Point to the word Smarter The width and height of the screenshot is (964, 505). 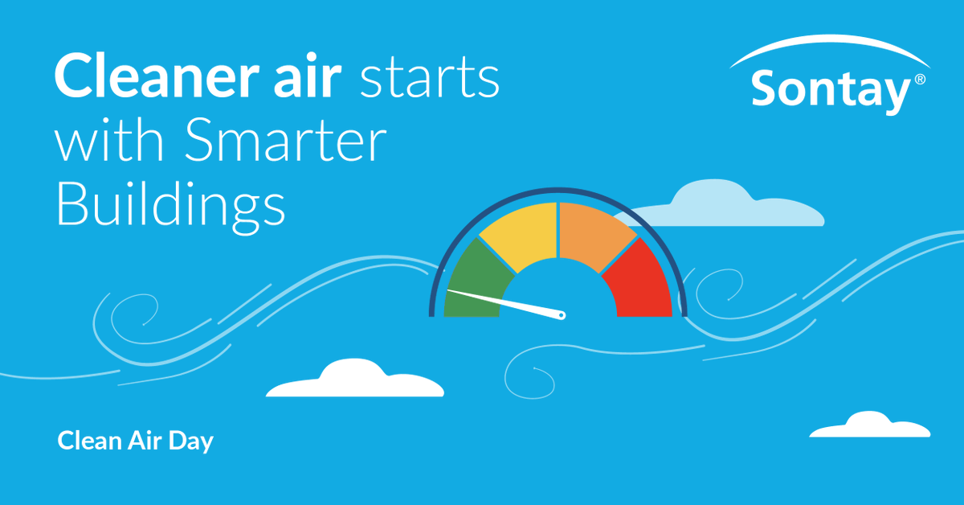284,145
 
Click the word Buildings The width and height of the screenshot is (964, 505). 170,206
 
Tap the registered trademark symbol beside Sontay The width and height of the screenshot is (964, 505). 920,80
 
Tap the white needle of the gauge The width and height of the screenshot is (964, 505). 506,302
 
